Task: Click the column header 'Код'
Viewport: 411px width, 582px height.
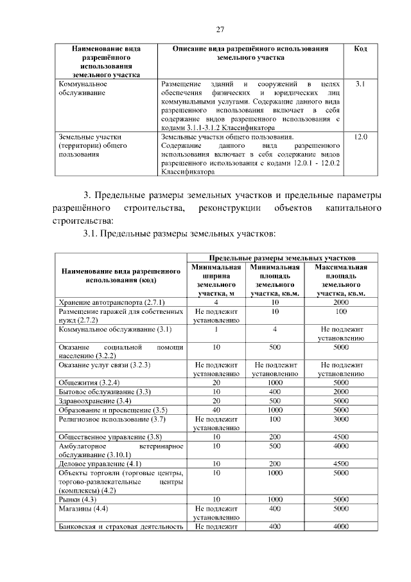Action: point(360,49)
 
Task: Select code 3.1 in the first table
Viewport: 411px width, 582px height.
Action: point(360,84)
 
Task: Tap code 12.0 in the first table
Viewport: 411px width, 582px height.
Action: point(360,137)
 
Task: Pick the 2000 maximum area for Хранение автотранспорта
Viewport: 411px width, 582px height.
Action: point(342,302)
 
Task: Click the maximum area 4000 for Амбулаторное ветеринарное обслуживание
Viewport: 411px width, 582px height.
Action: point(342,445)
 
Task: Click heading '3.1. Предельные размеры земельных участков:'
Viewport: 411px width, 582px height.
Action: point(180,232)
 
